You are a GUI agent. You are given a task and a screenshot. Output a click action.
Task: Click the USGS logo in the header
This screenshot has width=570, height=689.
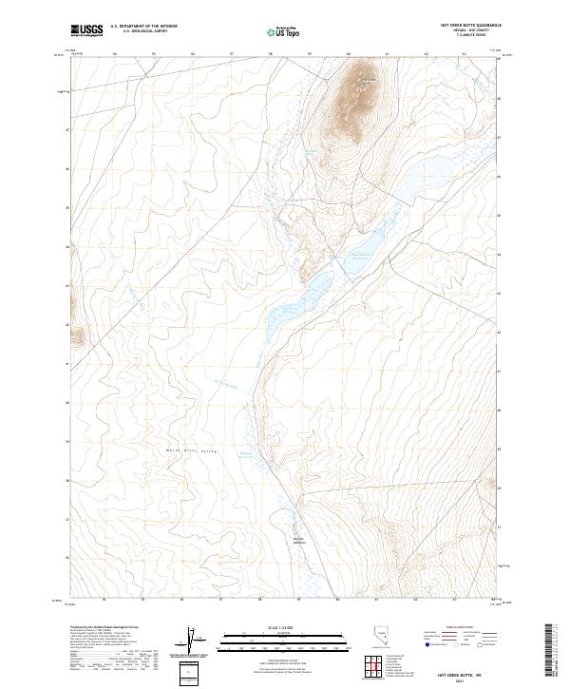pyautogui.click(x=86, y=30)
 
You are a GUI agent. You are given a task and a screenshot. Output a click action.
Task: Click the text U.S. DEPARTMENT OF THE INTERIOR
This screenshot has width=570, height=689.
pyautogui.click(x=143, y=27)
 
